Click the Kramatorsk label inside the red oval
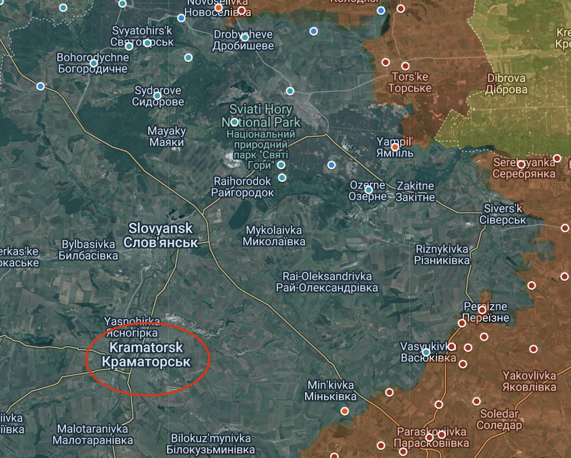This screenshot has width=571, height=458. point(146,355)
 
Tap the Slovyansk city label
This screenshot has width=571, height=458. point(160,235)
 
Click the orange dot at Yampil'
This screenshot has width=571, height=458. point(395,147)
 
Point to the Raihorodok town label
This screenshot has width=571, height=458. point(243,187)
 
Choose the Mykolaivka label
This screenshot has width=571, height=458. point(275,235)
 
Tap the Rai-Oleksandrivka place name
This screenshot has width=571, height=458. point(327,282)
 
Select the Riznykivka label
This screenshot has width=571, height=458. point(443,255)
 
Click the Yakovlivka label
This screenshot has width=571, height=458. point(529,381)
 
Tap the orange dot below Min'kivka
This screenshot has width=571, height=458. point(345,411)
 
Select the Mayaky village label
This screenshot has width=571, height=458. point(167,136)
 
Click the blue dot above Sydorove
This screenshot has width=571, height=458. point(157,95)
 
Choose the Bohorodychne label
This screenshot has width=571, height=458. point(92,63)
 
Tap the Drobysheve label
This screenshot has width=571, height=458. point(243,40)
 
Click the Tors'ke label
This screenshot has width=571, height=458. point(410,82)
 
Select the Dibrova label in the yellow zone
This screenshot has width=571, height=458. point(506,84)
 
